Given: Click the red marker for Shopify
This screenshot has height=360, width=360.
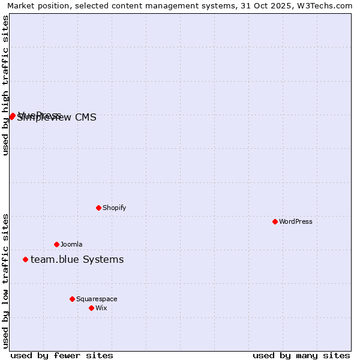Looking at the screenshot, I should point(99,208).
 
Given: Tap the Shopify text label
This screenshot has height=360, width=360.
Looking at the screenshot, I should point(114,208).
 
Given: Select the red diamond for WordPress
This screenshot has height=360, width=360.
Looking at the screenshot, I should point(275,221).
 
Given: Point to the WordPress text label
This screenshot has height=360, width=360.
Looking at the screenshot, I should point(295,221).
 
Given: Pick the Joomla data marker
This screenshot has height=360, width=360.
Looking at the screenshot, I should point(57,244).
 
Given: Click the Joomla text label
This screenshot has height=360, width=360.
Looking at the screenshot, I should point(71,244).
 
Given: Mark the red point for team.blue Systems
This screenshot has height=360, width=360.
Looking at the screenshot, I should point(25,259).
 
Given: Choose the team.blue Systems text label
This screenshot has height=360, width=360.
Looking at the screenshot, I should point(77,259).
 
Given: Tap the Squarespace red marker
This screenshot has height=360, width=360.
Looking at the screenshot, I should point(72,299).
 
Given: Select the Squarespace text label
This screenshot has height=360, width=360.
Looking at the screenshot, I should point(97,299).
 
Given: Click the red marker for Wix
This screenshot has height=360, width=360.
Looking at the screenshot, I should point(91,308).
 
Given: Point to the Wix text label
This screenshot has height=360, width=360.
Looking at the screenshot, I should point(101,308).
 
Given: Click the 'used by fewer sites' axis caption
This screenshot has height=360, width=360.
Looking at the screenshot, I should point(62,355).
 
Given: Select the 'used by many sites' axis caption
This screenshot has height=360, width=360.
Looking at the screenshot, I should point(301,355).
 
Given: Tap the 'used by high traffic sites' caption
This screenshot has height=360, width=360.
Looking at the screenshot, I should point(6,85).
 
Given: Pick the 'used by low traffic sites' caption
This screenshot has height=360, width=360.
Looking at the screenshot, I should point(6,281).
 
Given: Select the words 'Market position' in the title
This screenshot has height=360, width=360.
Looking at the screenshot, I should point(35,5).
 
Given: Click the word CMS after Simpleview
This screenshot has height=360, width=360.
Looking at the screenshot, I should point(86,118).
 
